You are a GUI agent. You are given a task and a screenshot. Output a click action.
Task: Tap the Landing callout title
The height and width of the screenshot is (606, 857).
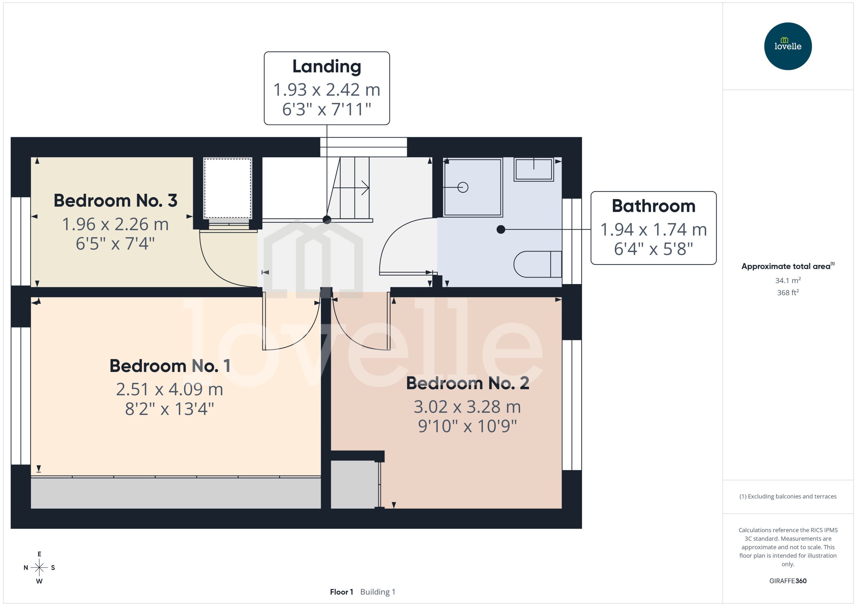coord(327,66)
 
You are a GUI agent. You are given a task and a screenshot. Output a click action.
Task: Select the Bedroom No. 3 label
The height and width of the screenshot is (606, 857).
coord(115,200)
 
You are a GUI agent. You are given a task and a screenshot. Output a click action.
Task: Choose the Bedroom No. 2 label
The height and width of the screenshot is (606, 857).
coord(467,383)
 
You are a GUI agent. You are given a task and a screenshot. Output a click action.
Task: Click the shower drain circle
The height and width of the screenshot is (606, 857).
coord(463,187)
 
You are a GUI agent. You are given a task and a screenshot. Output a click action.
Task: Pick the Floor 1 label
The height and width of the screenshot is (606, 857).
coord(341,592)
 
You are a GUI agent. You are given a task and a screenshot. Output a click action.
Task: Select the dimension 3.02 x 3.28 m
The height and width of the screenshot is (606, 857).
coord(467,407)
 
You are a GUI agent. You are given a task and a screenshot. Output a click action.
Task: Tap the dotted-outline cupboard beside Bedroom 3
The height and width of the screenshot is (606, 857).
coord(227,188)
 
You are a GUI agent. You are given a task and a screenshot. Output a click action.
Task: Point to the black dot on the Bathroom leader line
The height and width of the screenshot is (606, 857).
coord(501,229)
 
